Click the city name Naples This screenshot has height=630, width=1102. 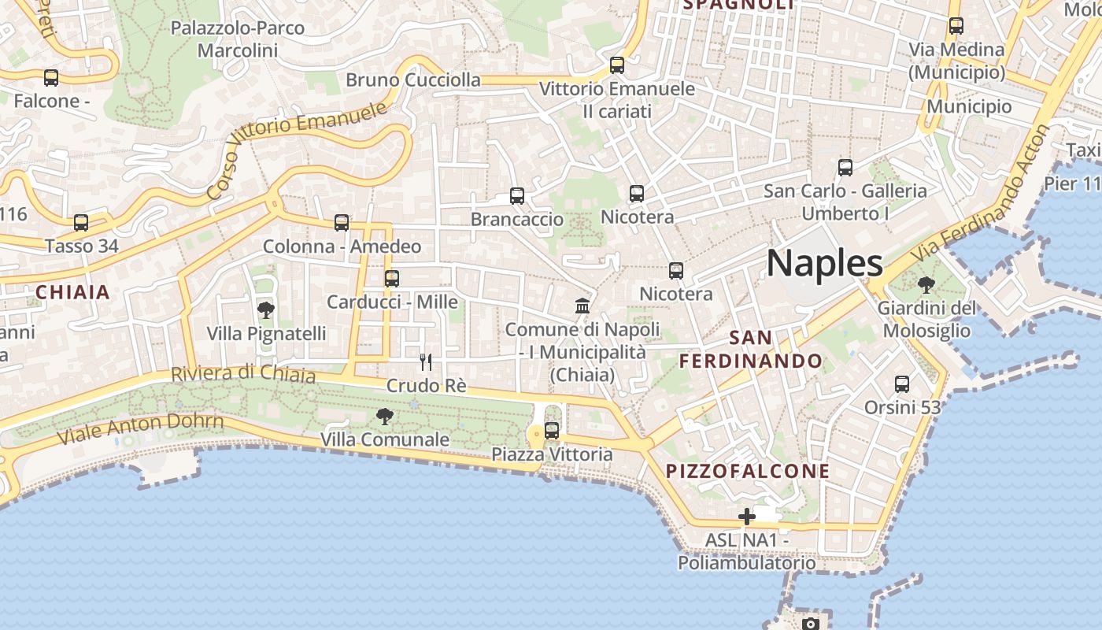[x=824, y=262]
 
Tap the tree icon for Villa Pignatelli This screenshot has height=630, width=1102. [x=266, y=309]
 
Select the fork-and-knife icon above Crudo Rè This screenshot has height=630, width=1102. [x=426, y=361]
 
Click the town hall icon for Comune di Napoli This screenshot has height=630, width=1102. [x=582, y=306]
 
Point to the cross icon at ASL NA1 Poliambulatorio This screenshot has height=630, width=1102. [x=747, y=517]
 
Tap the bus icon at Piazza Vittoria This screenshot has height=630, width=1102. [x=552, y=431]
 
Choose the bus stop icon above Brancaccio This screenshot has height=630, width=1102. [x=517, y=196]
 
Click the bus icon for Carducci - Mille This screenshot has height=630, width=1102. [x=392, y=279]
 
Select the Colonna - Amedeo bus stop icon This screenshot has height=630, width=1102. [x=342, y=223]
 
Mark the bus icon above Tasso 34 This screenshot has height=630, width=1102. [x=81, y=223]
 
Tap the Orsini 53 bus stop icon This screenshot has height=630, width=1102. [x=902, y=384]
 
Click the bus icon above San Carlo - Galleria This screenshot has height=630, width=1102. [x=845, y=168]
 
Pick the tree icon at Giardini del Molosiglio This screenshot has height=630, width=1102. [x=926, y=285]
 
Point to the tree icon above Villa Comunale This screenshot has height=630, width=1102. [x=385, y=417]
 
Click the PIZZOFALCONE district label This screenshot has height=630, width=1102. [x=748, y=471]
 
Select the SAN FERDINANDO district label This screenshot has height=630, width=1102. [x=751, y=350]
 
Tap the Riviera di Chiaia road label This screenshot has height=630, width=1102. [x=243, y=373]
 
